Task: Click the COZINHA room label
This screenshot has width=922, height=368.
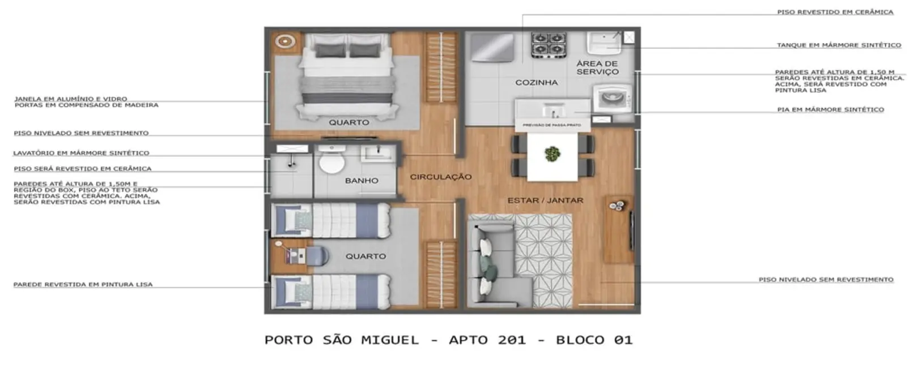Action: [536, 83]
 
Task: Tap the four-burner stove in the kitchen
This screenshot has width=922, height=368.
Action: [548, 44]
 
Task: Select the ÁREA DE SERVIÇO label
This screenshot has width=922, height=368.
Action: [597, 68]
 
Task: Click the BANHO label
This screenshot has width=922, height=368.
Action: [362, 181]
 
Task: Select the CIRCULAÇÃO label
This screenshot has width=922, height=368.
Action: [441, 177]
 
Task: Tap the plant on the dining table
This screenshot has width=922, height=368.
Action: [551, 153]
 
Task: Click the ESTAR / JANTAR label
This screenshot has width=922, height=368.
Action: [545, 200]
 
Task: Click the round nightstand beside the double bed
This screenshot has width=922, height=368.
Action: [286, 41]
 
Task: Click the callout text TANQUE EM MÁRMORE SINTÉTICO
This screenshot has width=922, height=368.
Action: [838, 45]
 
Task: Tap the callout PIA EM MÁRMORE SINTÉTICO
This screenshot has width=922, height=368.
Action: [830, 110]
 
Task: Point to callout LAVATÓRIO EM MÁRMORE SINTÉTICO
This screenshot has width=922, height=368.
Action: [81, 153]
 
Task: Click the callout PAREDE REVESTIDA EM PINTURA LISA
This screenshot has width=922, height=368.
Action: [83, 284]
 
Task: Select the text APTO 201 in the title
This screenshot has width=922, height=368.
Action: [487, 340]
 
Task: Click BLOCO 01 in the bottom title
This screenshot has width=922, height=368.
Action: [594, 340]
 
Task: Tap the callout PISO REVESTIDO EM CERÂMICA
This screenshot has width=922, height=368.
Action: [835, 12]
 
